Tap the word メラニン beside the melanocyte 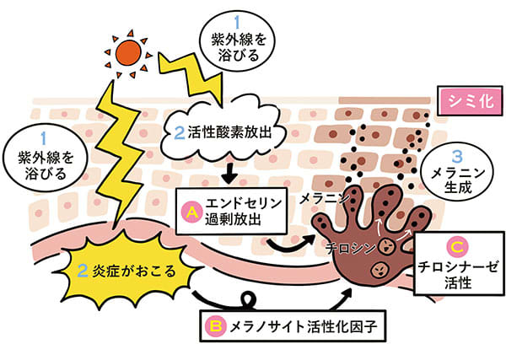[x=324, y=199]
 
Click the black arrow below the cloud [x=230, y=175]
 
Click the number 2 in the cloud [x=180, y=132]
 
